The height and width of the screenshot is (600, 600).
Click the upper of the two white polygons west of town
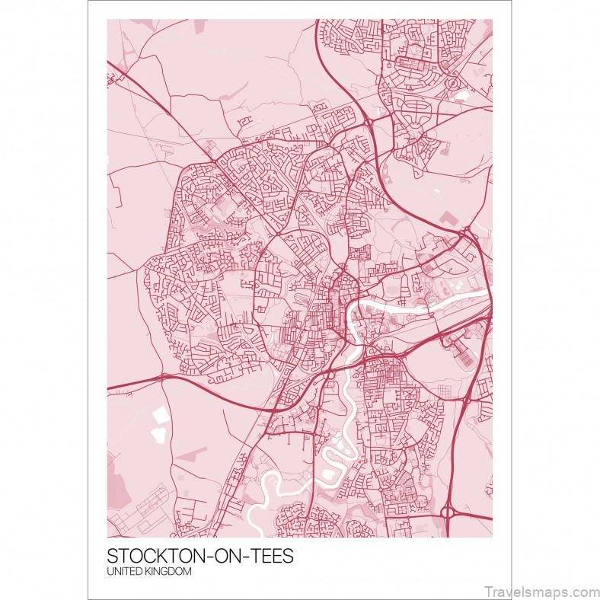click(161, 416)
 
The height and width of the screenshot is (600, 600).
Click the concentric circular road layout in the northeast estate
click(452, 81)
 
